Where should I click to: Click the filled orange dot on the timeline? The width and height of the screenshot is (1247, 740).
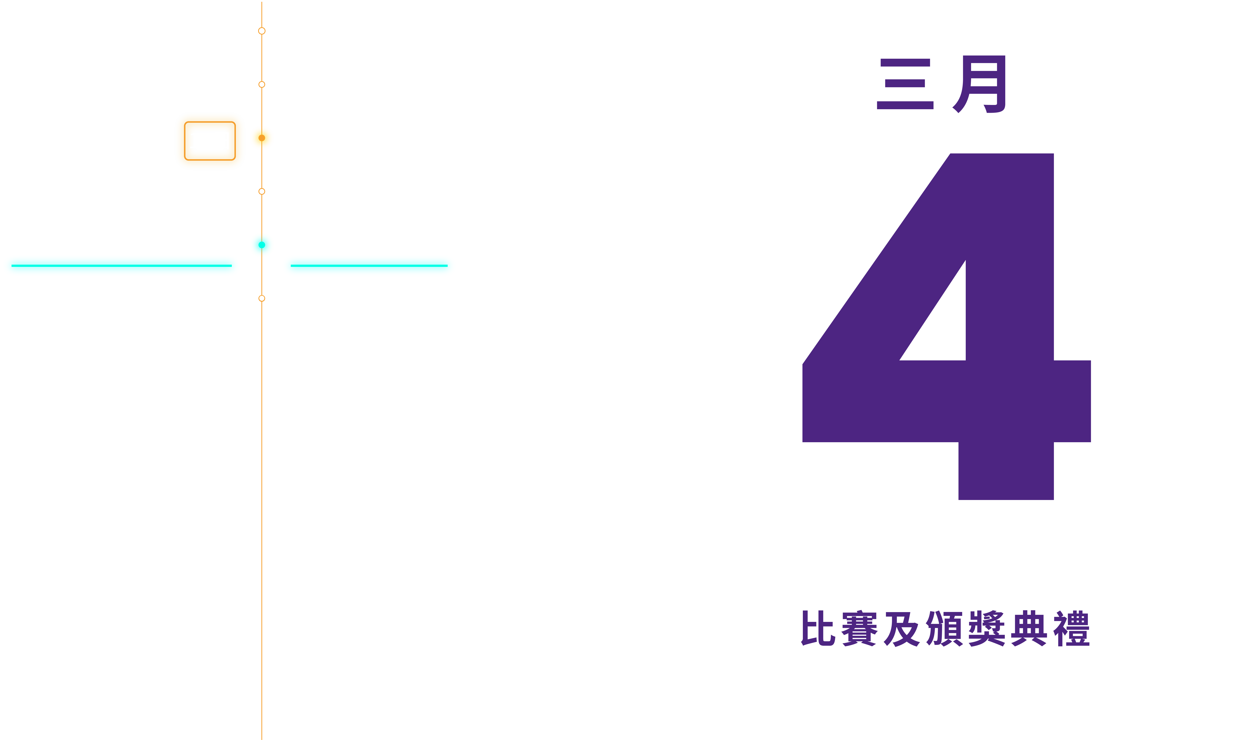tap(262, 138)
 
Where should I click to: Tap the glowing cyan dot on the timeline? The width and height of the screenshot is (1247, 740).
tap(262, 245)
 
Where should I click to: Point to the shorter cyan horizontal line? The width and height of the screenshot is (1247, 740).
tap(369, 266)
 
